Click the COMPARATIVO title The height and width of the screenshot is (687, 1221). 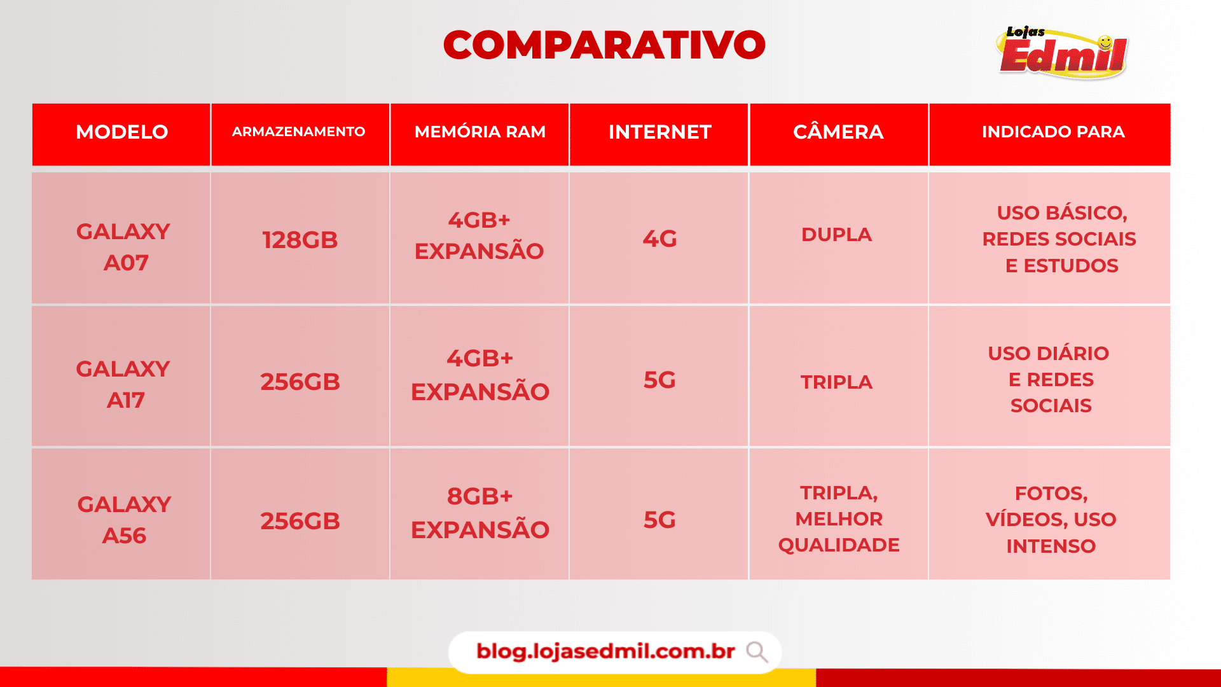(x=604, y=45)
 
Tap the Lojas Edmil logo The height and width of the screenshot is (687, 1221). (x=1062, y=53)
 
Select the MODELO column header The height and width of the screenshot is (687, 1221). (x=121, y=132)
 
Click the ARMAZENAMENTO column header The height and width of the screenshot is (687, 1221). (x=298, y=132)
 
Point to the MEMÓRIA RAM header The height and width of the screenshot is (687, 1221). (x=480, y=132)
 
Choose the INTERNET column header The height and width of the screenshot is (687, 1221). (x=659, y=132)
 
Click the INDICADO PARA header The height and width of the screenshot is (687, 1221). (x=1053, y=132)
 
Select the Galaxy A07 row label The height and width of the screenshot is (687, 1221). (x=123, y=247)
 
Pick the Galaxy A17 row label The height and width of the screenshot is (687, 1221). (x=123, y=384)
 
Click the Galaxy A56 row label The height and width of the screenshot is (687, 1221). (x=124, y=520)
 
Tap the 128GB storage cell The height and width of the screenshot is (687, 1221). (x=300, y=240)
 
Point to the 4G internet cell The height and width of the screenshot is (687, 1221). (x=659, y=239)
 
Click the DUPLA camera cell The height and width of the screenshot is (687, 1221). (x=836, y=234)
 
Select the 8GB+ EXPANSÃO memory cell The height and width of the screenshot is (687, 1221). (x=480, y=513)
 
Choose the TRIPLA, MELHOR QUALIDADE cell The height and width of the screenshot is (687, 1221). (x=839, y=518)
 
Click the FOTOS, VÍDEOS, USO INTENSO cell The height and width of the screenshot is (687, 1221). (x=1051, y=519)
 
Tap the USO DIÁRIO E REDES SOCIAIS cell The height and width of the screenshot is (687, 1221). (x=1049, y=379)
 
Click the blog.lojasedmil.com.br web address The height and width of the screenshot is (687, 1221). (x=605, y=651)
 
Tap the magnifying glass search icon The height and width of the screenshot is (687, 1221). (x=757, y=652)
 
